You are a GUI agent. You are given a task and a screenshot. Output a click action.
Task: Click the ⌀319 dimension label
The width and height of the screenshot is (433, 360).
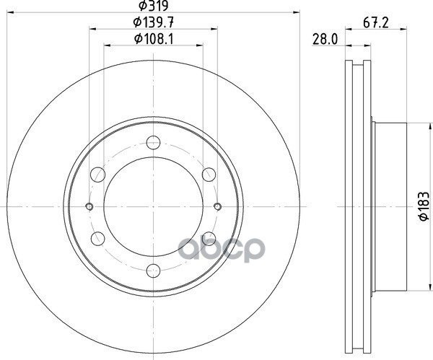pyautogui.click(x=154, y=6)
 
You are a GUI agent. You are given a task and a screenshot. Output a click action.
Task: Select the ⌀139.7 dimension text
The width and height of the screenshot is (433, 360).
pyautogui.click(x=153, y=22)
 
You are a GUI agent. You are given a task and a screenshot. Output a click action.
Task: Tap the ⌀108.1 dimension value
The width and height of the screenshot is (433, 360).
pyautogui.click(x=154, y=39)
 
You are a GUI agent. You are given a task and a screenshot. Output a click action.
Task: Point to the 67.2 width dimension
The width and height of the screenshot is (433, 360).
pyautogui.click(x=375, y=22)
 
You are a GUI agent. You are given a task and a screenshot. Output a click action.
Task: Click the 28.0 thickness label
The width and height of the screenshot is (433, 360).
pyautogui.click(x=325, y=39)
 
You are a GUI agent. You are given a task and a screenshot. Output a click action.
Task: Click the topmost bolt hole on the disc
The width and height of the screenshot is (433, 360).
pyautogui.click(x=153, y=142)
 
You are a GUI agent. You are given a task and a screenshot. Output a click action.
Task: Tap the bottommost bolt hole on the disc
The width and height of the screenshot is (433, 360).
pyautogui.click(x=153, y=271)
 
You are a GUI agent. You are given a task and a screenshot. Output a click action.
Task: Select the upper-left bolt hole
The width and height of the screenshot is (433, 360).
pyautogui.click(x=97, y=175)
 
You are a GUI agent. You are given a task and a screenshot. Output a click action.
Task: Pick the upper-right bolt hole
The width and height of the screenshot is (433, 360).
pyautogui.click(x=209, y=175)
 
